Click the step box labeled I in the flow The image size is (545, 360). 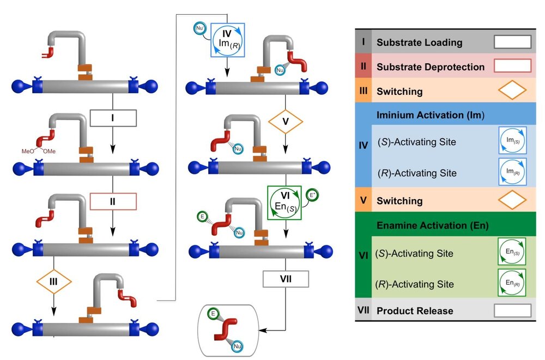112,117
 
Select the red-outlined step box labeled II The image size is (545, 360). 112,201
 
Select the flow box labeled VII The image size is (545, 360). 286,279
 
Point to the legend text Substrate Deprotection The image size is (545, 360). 431,67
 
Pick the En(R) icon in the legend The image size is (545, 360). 512,282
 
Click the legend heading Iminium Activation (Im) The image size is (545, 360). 430,116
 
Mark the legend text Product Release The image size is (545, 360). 415,310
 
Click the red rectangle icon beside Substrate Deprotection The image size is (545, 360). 512,66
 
